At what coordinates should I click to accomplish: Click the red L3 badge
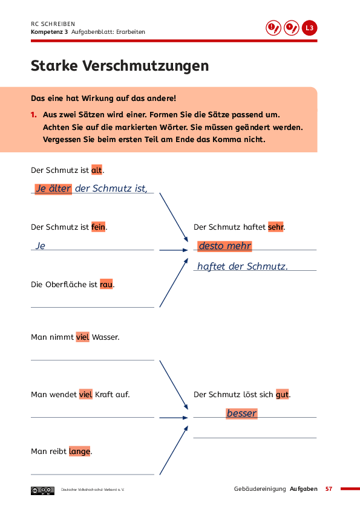tap(309, 28)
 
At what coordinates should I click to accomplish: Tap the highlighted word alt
tap(96, 170)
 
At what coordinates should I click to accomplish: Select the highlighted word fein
tap(98, 227)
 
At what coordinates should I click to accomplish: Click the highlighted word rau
tap(106, 284)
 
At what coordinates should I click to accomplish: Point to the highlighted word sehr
tap(276, 227)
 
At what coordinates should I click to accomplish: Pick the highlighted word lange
tap(80, 451)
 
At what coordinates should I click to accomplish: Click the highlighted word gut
tap(282, 394)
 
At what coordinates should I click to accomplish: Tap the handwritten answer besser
tap(242, 413)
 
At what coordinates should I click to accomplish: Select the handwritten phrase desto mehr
tap(225, 246)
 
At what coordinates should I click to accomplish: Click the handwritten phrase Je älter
tap(53, 189)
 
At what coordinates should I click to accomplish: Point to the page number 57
tap(329, 489)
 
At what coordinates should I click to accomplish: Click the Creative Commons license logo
tap(42, 490)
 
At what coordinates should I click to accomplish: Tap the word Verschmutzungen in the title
tap(146, 66)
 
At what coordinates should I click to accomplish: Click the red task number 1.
tap(33, 115)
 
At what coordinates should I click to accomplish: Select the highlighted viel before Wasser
tap(82, 337)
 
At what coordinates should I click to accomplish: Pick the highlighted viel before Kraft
tap(86, 394)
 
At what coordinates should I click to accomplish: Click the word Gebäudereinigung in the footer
tap(260, 489)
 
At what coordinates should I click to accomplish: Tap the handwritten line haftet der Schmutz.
tap(243, 267)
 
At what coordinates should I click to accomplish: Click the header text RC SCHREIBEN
tap(53, 24)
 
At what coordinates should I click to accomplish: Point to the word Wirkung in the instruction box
tap(97, 99)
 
